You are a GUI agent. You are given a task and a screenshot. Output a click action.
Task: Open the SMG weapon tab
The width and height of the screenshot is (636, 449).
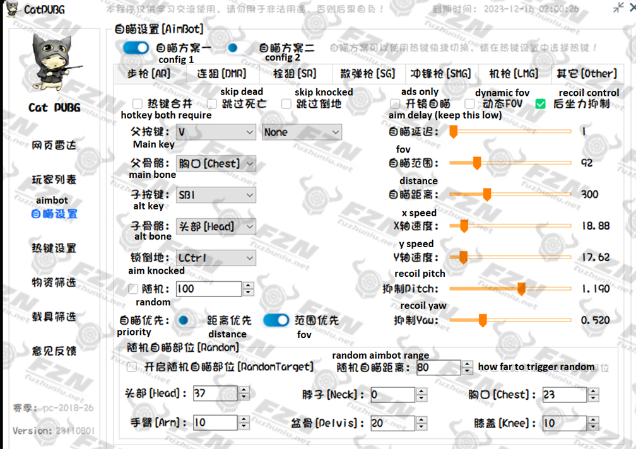pos(440,74)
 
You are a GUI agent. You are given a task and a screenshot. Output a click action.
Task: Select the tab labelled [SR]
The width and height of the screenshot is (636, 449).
pos(295,74)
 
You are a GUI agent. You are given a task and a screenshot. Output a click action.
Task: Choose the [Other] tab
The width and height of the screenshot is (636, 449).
pos(586,74)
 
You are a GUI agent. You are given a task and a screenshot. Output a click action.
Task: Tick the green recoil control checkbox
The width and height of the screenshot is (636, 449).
pos(541,104)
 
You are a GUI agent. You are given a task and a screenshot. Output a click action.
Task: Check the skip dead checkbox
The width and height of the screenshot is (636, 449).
pos(212,104)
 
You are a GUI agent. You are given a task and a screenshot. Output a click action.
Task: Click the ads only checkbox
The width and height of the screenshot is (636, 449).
pos(395,104)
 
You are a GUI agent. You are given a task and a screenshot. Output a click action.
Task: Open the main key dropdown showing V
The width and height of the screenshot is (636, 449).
pos(215,132)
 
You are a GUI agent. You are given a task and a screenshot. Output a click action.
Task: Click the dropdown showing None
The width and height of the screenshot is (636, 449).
pos(302,132)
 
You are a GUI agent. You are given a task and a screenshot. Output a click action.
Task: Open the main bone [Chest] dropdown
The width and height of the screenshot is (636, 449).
pos(215,164)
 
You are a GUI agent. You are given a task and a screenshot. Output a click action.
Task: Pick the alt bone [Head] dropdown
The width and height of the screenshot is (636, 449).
pos(215,226)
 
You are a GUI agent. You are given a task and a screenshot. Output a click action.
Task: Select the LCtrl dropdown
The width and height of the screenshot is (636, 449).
pos(215,258)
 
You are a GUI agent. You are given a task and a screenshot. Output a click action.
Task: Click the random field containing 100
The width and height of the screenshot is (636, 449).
pos(208,289)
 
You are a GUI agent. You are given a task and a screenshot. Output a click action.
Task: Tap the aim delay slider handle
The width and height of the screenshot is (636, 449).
pos(453,132)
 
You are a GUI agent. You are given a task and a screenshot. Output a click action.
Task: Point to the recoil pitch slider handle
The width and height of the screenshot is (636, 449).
pos(522,289)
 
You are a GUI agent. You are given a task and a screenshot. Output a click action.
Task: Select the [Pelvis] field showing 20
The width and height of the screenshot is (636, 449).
pos(391,423)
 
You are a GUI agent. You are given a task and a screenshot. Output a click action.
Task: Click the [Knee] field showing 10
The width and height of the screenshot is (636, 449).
pos(563,423)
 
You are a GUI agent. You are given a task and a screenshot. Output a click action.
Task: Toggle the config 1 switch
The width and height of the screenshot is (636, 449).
pos(136,48)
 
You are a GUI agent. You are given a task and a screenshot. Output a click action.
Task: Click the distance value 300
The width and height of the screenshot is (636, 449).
pos(589,194)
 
